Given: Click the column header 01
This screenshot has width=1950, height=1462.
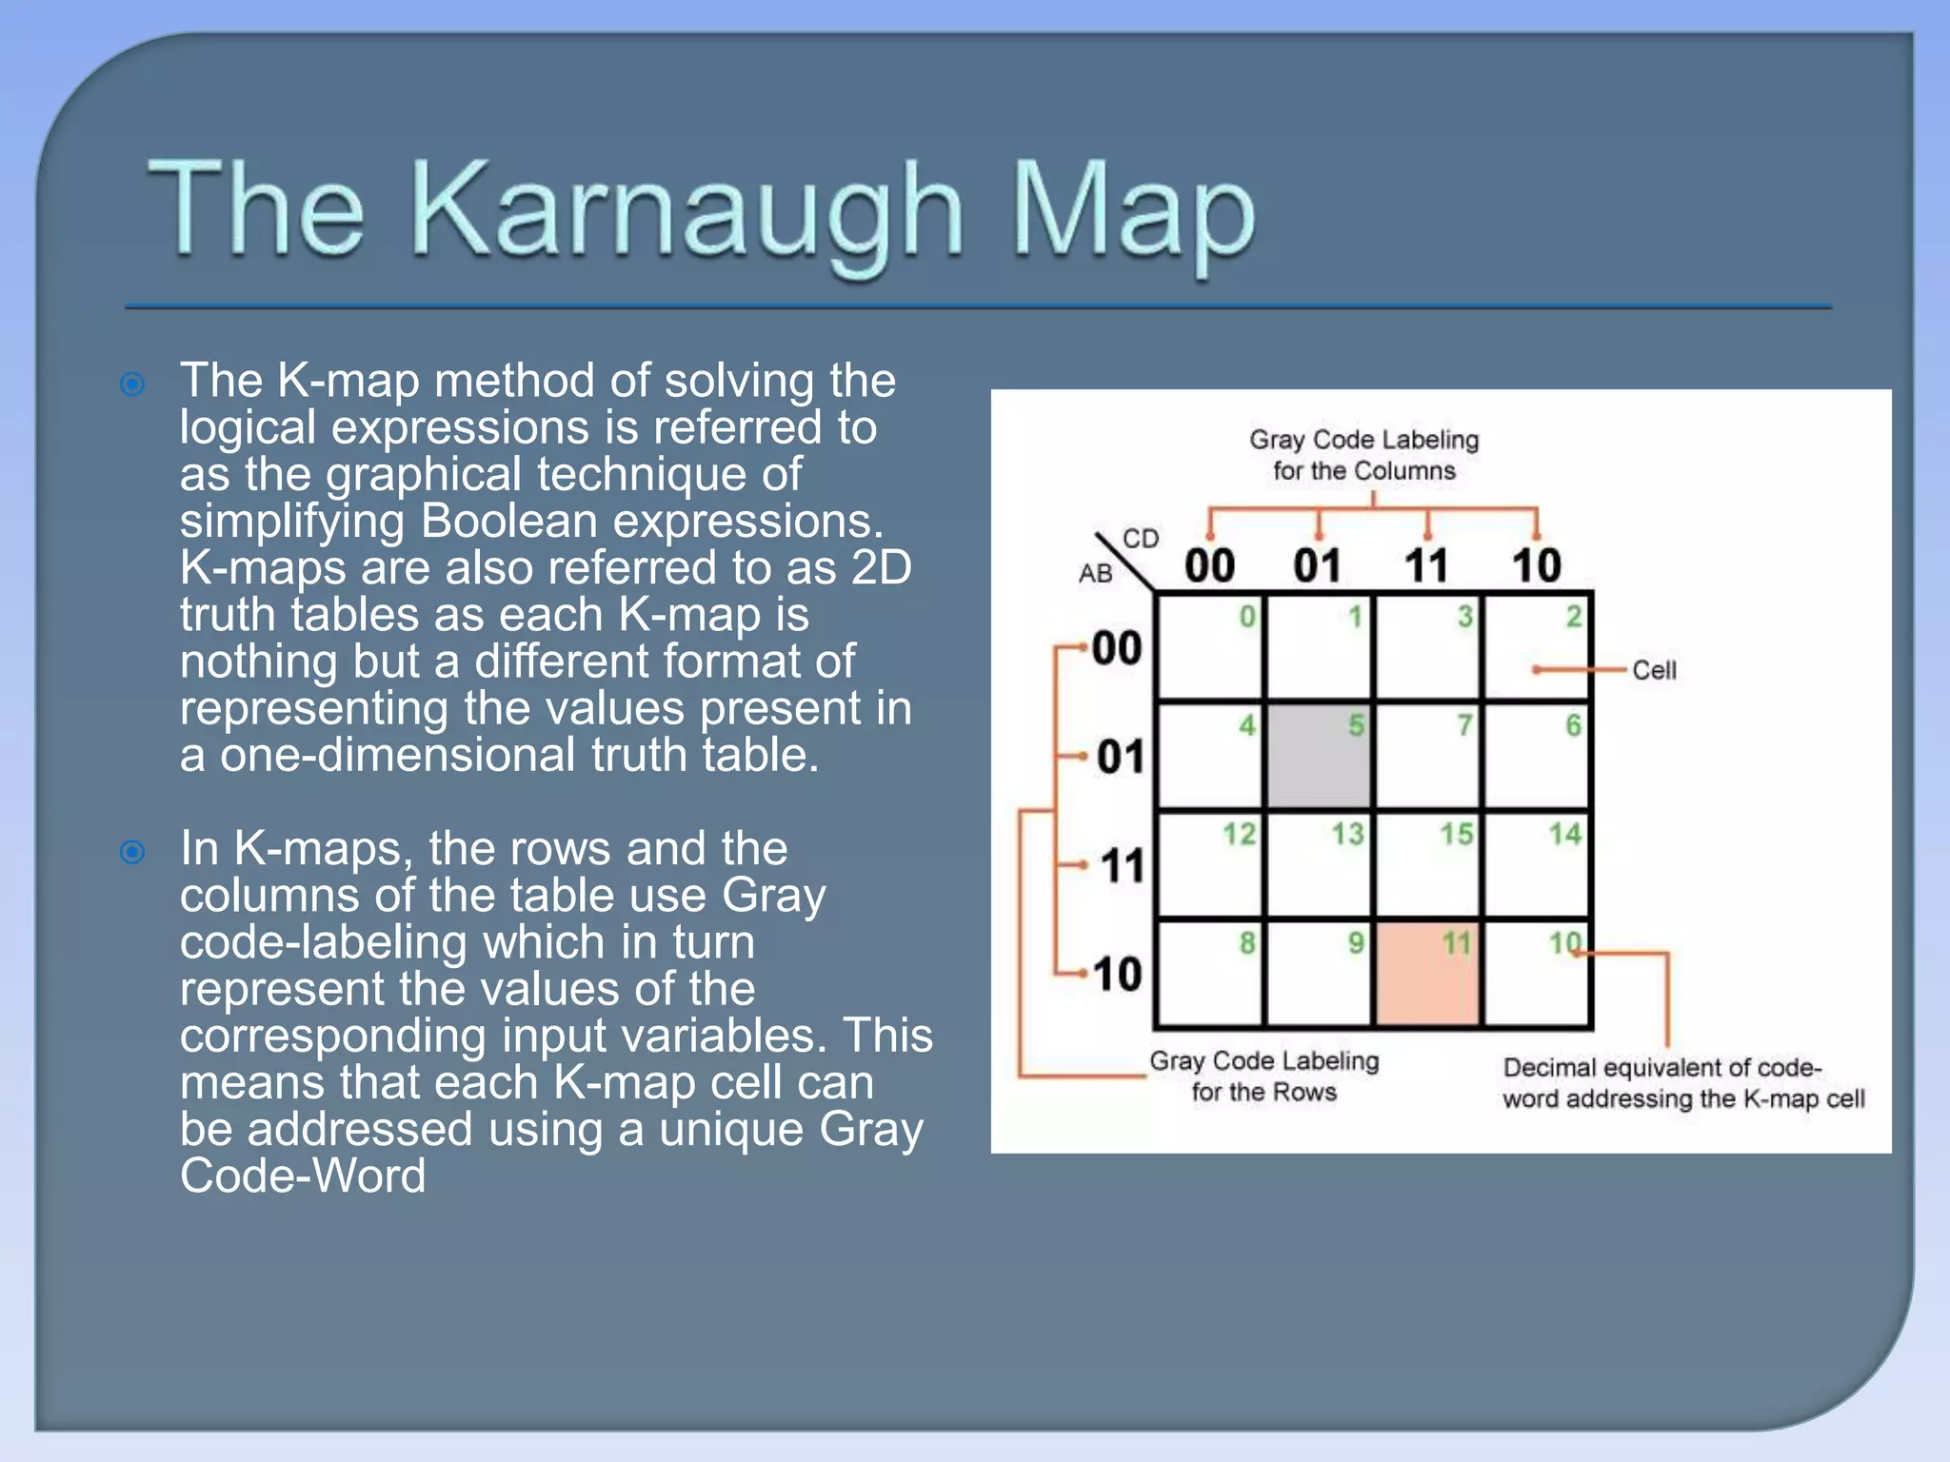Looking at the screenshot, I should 1318,566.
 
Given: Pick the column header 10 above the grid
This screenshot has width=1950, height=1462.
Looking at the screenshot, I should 1536,566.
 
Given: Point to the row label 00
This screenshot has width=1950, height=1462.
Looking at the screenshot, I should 1116,649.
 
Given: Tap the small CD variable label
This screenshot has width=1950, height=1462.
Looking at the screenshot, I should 1140,539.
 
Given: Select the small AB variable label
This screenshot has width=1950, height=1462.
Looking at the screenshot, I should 1095,574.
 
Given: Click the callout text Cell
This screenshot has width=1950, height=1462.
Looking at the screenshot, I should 1654,670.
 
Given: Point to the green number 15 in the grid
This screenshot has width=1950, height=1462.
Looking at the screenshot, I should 1456,835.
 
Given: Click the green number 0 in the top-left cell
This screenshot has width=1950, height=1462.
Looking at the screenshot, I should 1246,617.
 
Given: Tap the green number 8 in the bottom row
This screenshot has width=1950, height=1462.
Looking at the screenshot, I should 1246,943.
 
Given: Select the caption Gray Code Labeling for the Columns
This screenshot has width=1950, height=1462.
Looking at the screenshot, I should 1363,455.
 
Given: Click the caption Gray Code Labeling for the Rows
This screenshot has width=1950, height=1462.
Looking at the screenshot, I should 1264,1077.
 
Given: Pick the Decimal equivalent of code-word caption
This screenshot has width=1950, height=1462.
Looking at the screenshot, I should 1681,1083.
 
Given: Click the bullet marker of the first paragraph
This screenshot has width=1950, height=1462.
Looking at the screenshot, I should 132,385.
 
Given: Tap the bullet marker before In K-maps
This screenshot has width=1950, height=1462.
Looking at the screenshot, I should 132,852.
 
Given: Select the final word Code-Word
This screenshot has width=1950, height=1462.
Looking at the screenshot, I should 302,1176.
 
